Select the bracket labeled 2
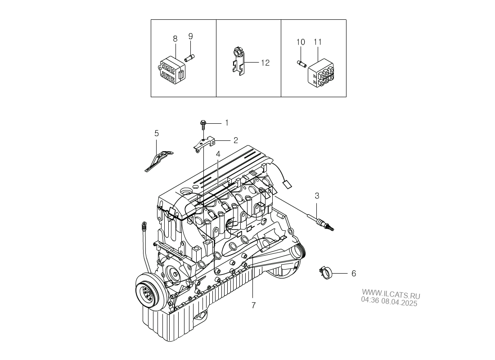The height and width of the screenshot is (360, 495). pos(204,144)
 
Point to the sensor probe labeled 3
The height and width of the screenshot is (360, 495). pos(320,223)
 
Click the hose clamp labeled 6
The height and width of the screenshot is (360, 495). pos(324,273)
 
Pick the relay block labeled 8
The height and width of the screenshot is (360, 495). pos(172,72)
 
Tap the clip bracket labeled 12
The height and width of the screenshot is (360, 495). pos(238,61)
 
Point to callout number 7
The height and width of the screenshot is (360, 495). pos(253,306)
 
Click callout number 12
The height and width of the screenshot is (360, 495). pos(265,63)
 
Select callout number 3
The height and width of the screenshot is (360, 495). pos(317,196)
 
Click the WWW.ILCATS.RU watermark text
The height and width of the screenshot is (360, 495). pos(391,294)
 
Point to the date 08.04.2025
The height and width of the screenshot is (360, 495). pos(399,302)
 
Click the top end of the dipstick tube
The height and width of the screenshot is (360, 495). pos(144,225)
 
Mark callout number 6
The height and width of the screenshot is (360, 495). pos(354,274)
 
